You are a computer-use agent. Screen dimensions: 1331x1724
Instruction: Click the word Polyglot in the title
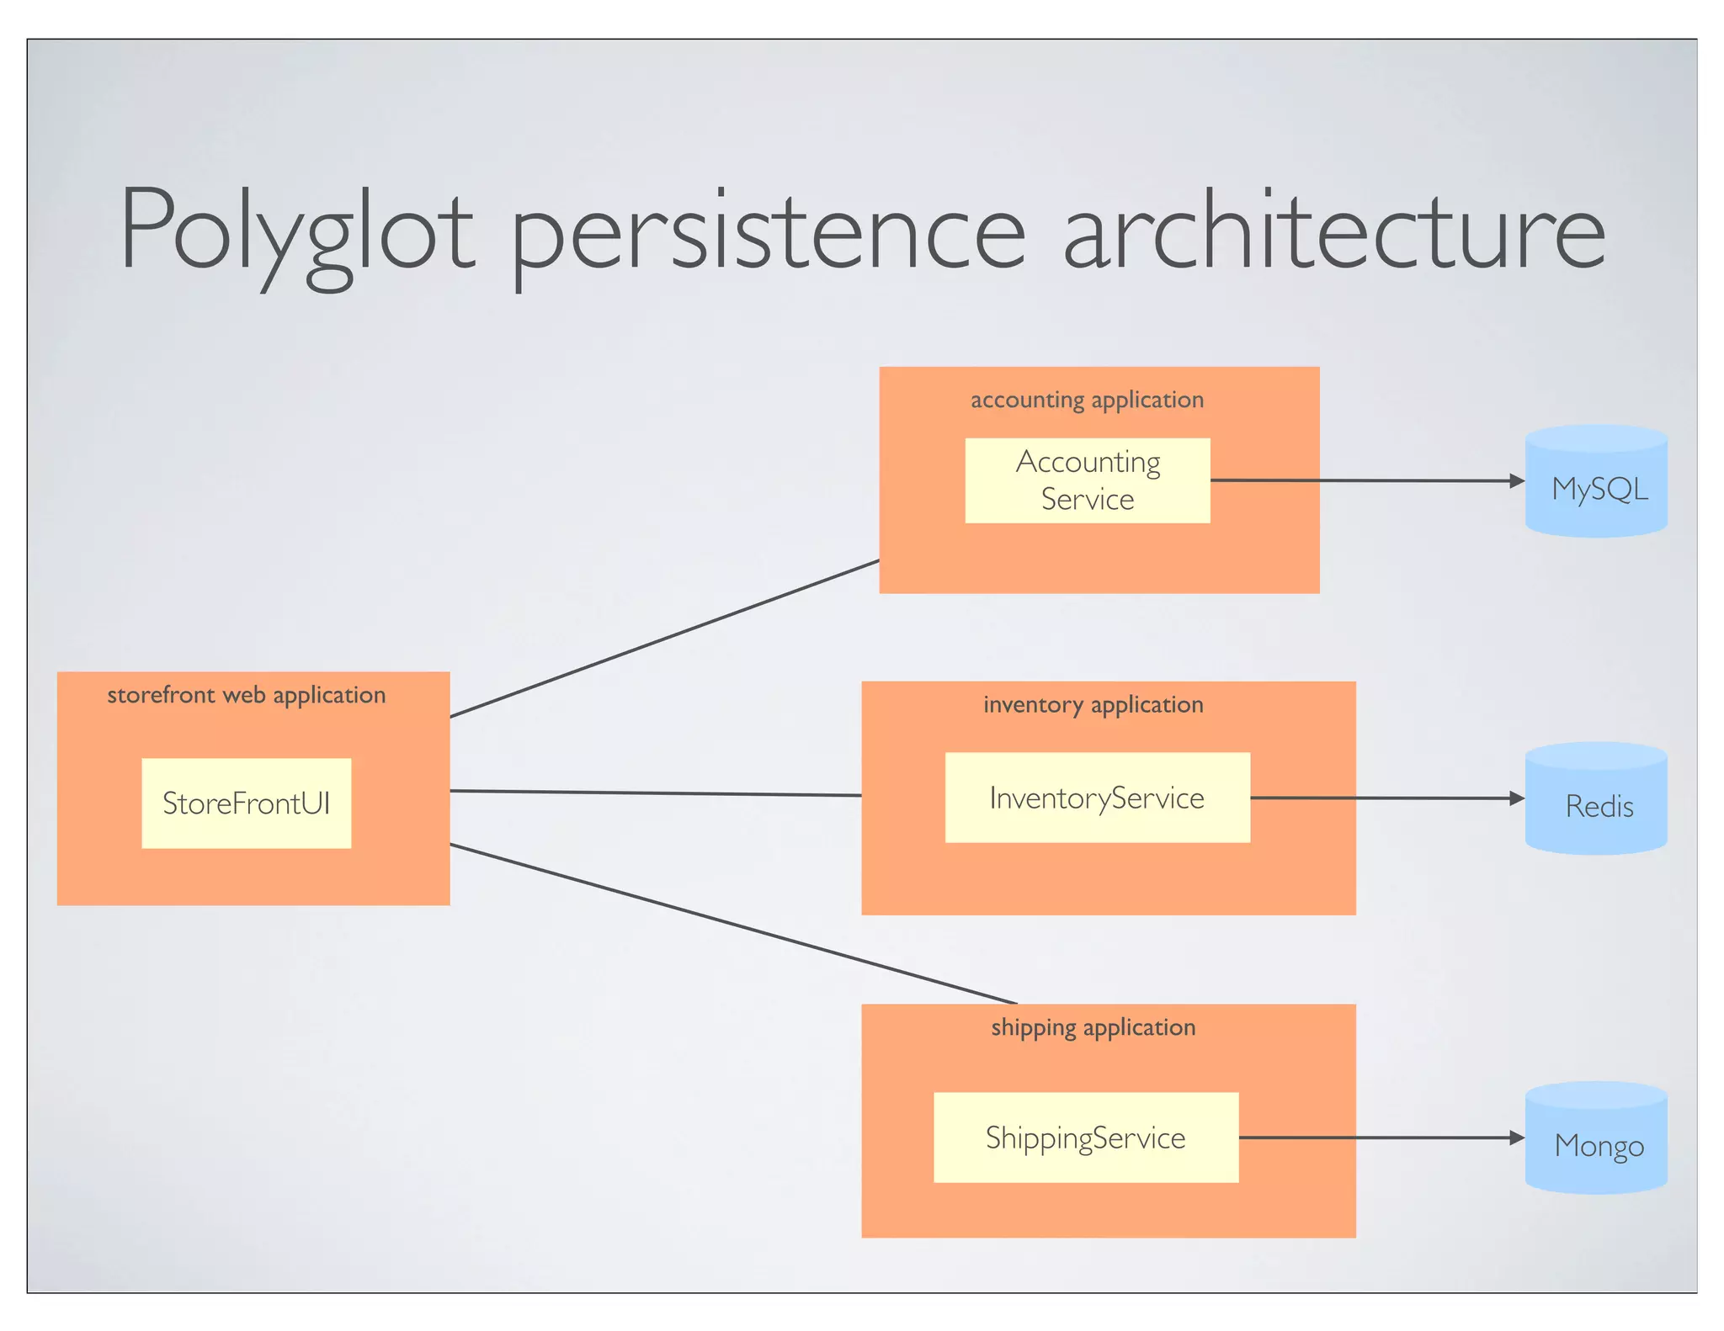(296, 231)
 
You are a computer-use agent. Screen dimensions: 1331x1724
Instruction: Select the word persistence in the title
(768, 231)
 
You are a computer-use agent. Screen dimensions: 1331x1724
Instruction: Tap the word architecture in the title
(1334, 231)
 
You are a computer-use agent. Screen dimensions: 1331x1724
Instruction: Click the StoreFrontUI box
(246, 803)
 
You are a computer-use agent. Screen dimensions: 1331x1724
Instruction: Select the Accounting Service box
(1087, 480)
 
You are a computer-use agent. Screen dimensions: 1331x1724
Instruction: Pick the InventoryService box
(1097, 797)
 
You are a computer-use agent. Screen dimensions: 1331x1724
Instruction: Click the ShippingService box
(1085, 1137)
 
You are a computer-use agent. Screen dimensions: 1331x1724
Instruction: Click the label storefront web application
(246, 695)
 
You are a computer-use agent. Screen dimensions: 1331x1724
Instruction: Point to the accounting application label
(1087, 400)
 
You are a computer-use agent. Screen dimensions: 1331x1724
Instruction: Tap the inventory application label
(1093, 704)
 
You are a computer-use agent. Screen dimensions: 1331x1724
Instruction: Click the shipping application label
(1093, 1027)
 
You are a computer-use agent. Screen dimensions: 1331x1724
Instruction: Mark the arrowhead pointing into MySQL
(1517, 481)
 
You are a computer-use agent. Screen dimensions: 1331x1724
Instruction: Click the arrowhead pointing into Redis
(1517, 798)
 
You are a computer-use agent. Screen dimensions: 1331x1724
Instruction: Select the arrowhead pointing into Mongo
(1517, 1137)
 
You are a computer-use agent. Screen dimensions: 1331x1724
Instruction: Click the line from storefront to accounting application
(665, 638)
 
